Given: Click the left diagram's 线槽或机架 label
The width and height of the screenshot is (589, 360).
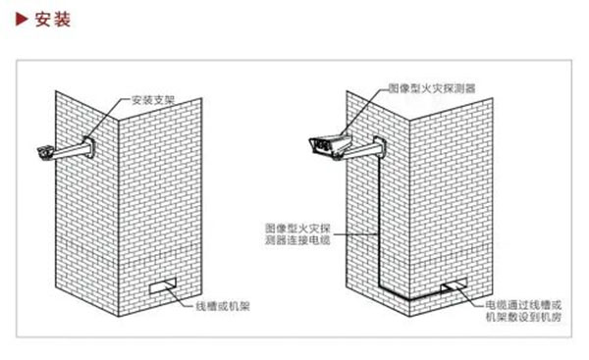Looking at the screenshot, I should coord(223,305).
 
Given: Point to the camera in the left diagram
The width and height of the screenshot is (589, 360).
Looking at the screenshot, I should coord(45,152).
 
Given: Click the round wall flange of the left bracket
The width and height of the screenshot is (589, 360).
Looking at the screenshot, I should coord(89,148).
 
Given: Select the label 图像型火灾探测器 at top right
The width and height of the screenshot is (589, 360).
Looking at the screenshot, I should coord(434,88).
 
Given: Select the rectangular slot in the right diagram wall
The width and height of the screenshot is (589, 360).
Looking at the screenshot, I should coord(455,286).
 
